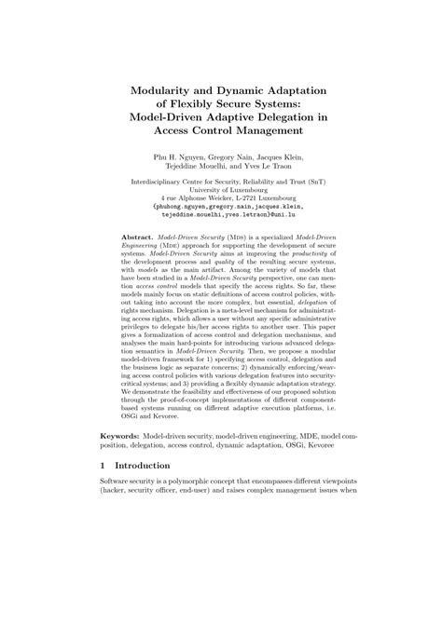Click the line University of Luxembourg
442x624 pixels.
pos(221,188)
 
